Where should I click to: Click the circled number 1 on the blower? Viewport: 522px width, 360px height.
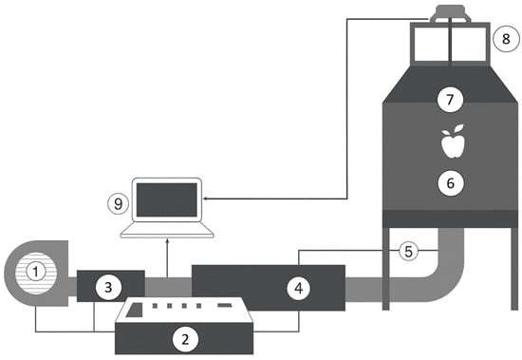pyautogui.click(x=36, y=272)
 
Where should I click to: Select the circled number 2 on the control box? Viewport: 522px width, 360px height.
pyautogui.click(x=185, y=339)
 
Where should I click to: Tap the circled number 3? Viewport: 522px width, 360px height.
pyautogui.click(x=108, y=287)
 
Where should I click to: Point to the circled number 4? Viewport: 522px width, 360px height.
pyautogui.click(x=299, y=289)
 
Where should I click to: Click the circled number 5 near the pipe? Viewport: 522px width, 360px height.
pyautogui.click(x=408, y=251)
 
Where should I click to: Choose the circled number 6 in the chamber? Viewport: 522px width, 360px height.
pyautogui.click(x=451, y=182)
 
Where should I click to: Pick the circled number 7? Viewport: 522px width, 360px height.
pyautogui.click(x=450, y=100)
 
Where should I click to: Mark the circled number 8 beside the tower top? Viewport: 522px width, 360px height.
pyautogui.click(x=506, y=39)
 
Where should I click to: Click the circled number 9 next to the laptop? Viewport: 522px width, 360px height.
pyautogui.click(x=118, y=203)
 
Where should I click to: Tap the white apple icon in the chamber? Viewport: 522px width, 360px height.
pyautogui.click(x=452, y=141)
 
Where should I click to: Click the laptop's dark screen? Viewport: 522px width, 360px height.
pyautogui.click(x=167, y=199)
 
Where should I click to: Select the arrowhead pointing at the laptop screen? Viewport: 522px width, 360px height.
pyautogui.click(x=206, y=199)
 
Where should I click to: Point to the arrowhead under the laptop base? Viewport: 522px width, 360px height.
pyautogui.click(x=167, y=240)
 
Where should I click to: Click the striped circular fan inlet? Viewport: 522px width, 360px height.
pyautogui.click(x=36, y=273)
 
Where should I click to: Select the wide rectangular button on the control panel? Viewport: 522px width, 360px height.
pyautogui.click(x=225, y=305)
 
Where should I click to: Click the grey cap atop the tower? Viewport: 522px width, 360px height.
pyautogui.click(x=451, y=13)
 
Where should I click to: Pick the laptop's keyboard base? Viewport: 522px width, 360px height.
pyautogui.click(x=167, y=230)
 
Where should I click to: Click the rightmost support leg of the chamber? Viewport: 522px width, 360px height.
pyautogui.click(x=514, y=269)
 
